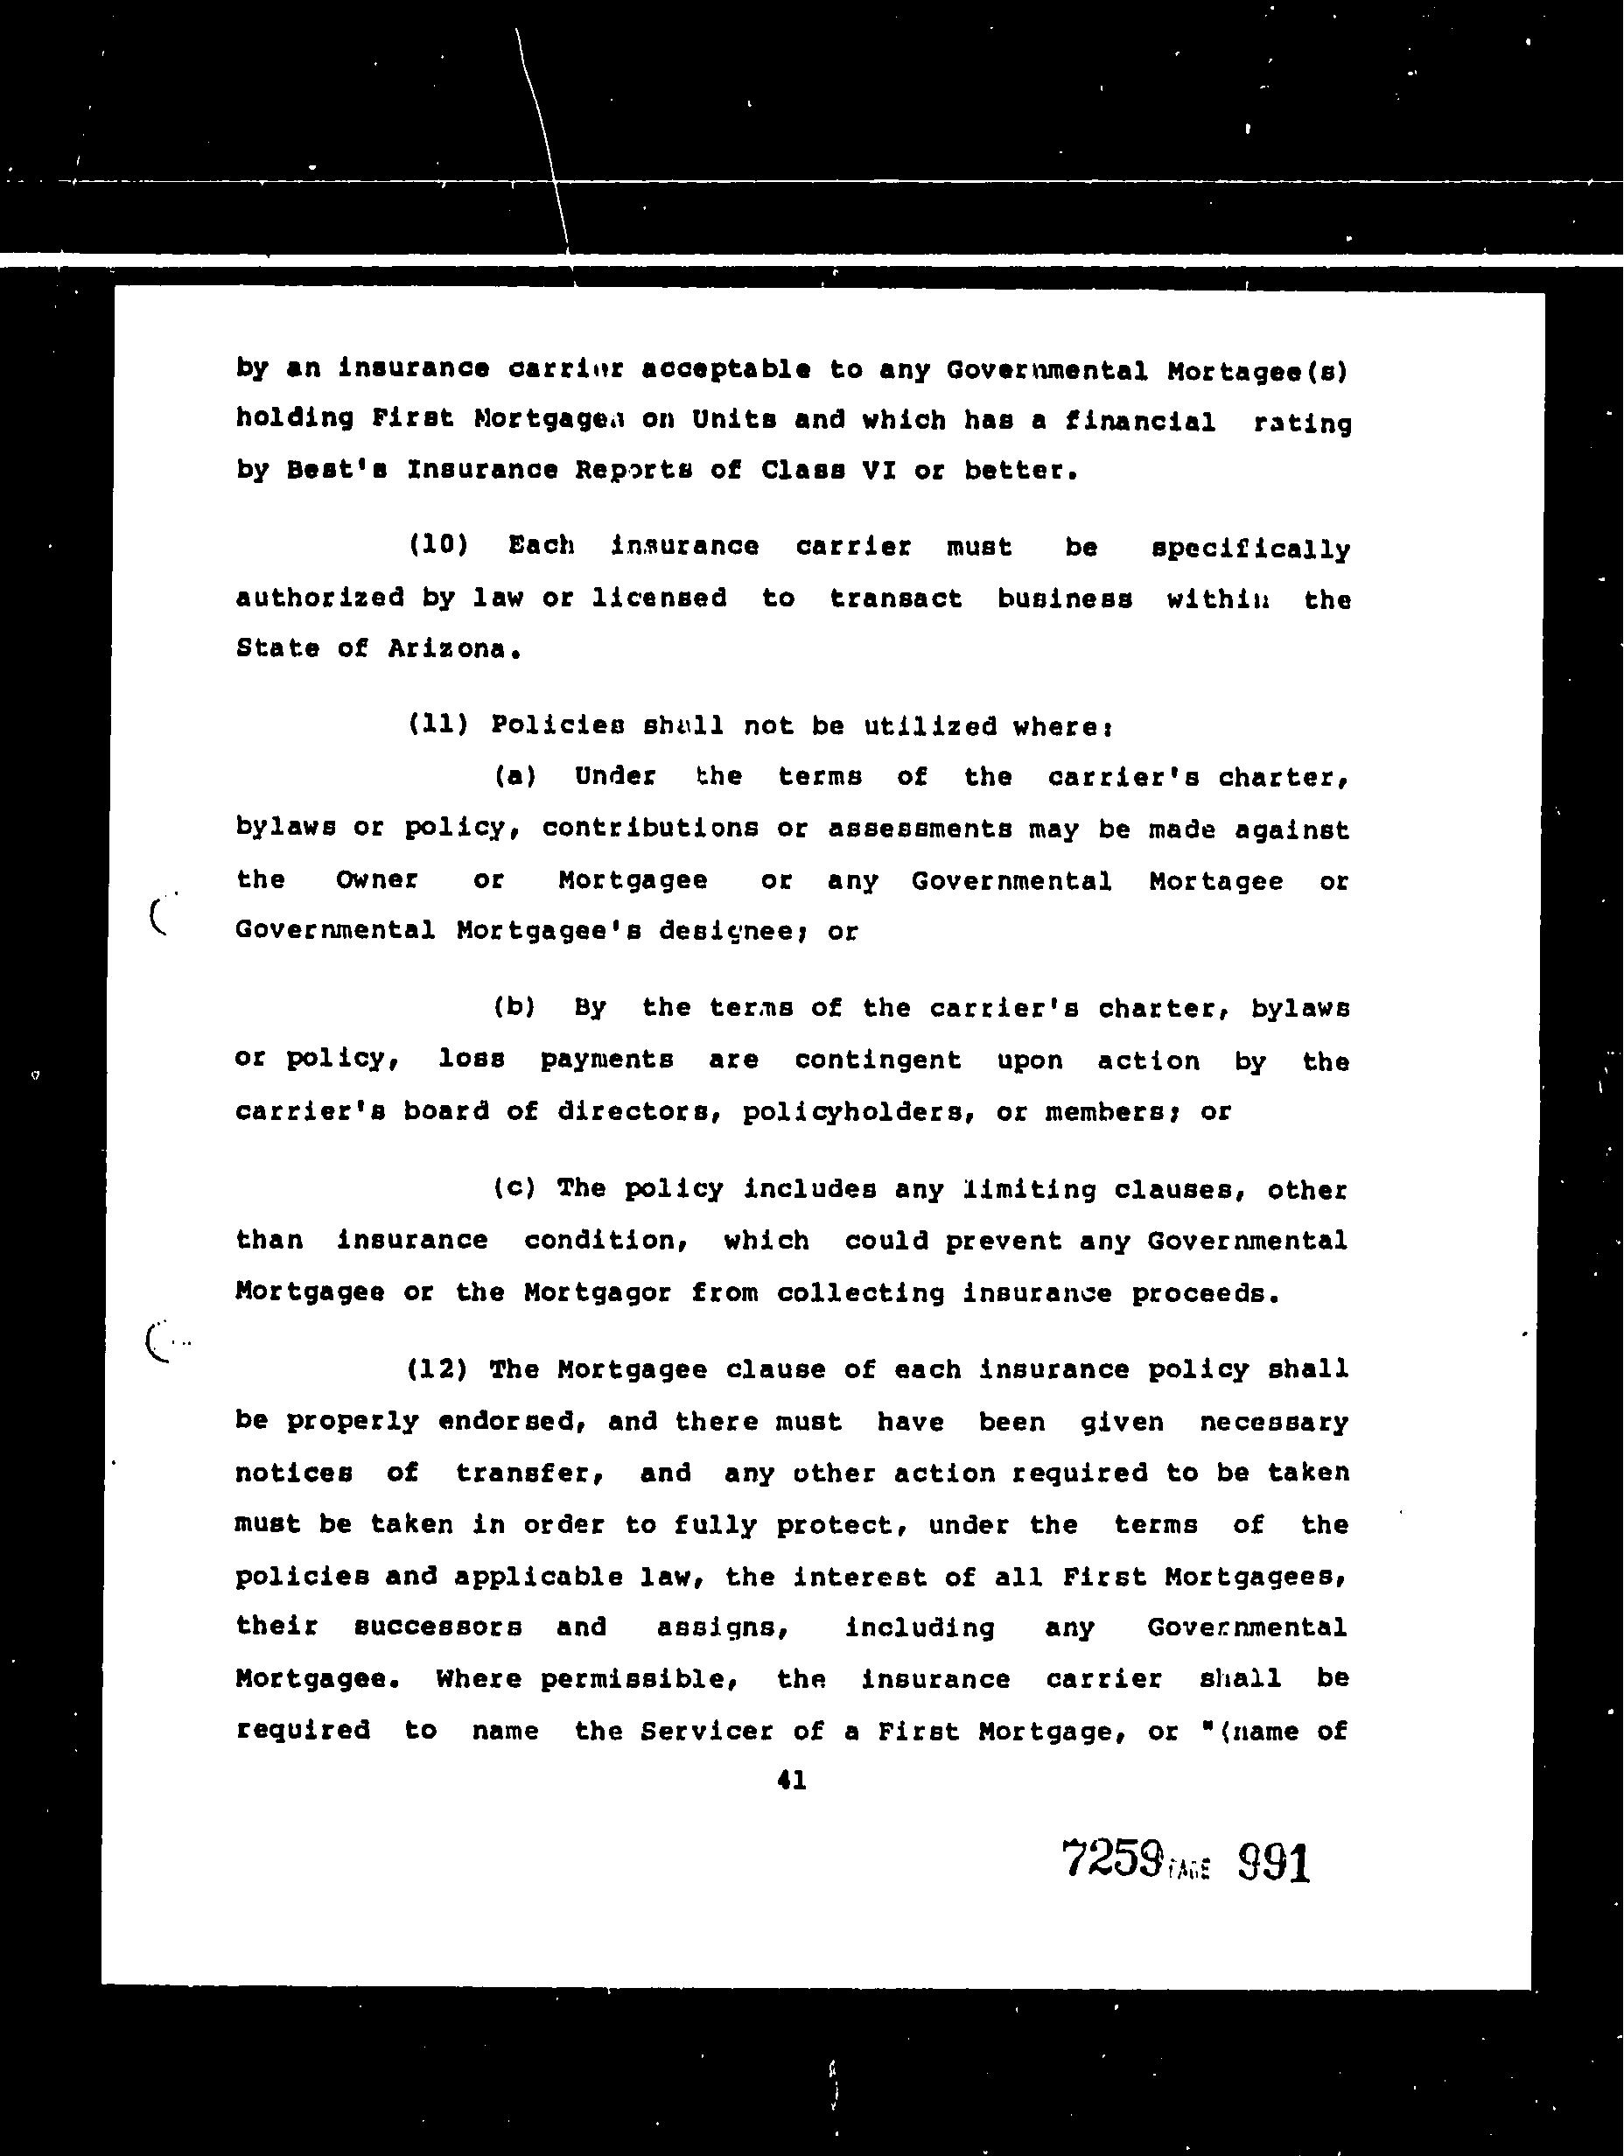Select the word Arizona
[x=451, y=649]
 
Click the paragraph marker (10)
[x=437, y=545]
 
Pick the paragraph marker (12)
[x=437, y=1369]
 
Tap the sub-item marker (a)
[x=514, y=777]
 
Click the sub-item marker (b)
[x=514, y=1007]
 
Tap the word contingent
[x=878, y=1060]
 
